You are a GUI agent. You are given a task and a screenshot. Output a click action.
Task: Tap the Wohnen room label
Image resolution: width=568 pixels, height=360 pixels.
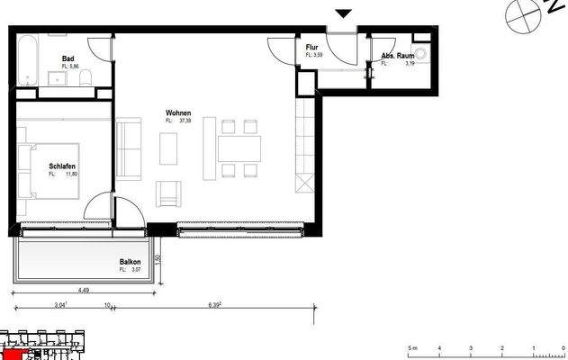pos(176,113)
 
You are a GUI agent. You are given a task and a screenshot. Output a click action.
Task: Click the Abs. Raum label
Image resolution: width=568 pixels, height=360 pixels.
pos(396,56)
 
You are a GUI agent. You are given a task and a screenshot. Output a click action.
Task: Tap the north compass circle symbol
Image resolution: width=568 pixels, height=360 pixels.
pos(518,13)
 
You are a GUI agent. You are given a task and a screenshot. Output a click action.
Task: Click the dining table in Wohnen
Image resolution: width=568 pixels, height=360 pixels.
pos(239,148)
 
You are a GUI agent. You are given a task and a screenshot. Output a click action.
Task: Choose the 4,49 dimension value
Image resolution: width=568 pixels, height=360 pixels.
pos(84,290)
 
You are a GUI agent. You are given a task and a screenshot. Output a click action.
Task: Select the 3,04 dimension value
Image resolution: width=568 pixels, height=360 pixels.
pos(59,306)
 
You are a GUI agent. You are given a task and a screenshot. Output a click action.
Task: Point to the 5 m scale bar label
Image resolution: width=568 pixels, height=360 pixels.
pos(410,347)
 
